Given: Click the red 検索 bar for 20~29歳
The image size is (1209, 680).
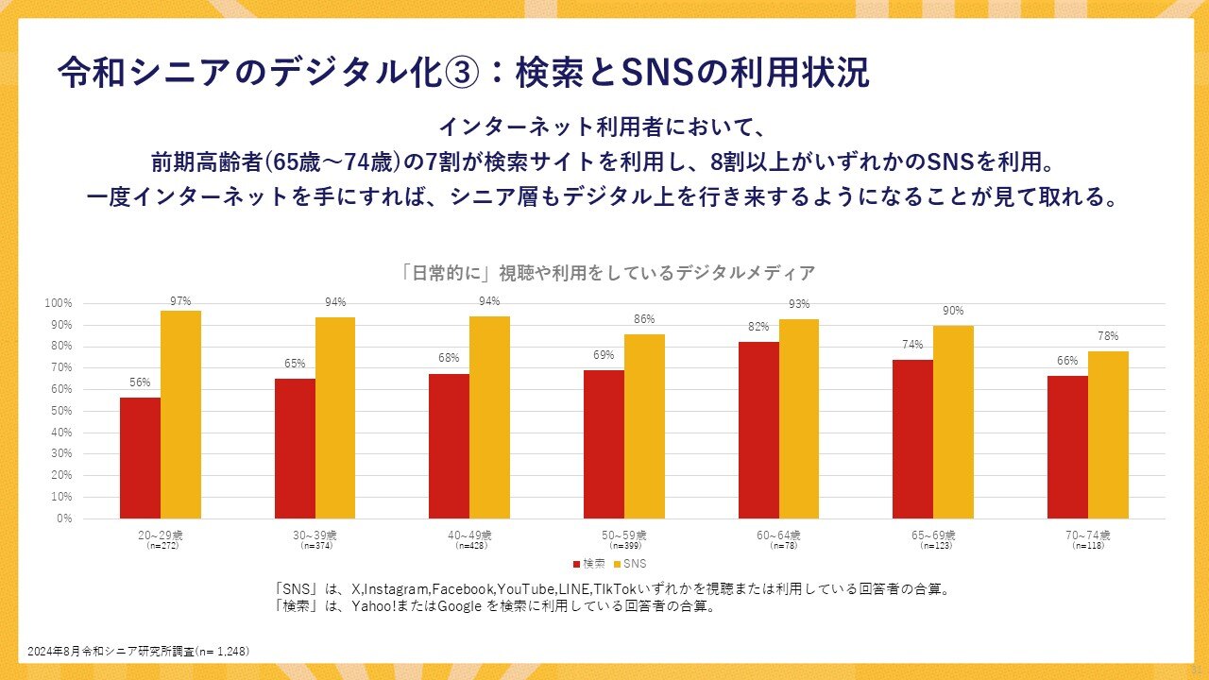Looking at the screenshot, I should [x=140, y=458].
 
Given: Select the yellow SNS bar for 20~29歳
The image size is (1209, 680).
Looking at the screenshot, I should [x=180, y=415].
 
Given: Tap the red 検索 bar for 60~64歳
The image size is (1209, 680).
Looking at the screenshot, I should [x=758, y=430].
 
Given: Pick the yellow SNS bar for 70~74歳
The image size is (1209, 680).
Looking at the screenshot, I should [x=1108, y=434].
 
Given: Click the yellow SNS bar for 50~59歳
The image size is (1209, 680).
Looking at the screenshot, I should [x=644, y=426].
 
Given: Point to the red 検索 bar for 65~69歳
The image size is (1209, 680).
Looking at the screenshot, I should [x=912, y=439].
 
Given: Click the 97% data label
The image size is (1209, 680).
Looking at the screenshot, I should [x=180, y=301].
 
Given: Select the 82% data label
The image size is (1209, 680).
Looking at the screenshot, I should [x=758, y=326].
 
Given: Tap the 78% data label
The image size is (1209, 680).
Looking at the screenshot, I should [x=1108, y=335].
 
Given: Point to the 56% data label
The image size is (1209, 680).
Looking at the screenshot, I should [x=140, y=382].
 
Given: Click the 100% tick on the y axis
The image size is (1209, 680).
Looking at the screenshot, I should [x=59, y=303].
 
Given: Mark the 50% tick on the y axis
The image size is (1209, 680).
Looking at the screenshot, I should [x=60, y=411].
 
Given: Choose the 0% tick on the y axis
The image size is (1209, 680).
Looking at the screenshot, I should [x=64, y=518].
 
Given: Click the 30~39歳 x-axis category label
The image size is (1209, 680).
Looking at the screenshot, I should [x=315, y=535].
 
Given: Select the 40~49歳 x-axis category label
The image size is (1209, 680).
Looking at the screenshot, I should [x=469, y=535].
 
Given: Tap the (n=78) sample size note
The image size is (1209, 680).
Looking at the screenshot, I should [x=778, y=546].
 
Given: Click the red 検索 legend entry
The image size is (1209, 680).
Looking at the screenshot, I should [x=588, y=564].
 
